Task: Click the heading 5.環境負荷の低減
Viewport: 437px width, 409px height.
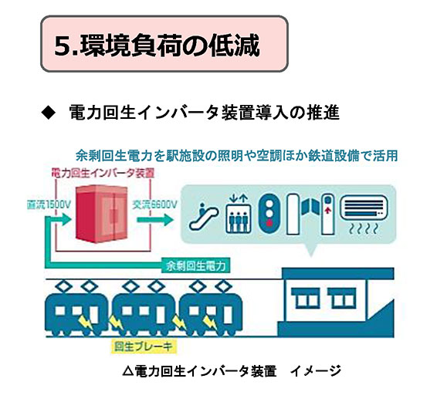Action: [x=157, y=45]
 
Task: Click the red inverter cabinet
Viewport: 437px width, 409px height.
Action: [x=102, y=214]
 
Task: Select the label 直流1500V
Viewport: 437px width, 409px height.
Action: [x=49, y=205]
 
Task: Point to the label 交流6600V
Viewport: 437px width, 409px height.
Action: [x=154, y=205]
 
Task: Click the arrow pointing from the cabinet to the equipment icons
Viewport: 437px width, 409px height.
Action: [x=155, y=219]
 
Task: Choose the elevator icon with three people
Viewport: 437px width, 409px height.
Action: [x=238, y=215]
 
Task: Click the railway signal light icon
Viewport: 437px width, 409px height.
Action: [x=269, y=214]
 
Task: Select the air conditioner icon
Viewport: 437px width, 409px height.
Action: [x=364, y=214]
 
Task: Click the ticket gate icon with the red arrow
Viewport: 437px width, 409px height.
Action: [x=327, y=214]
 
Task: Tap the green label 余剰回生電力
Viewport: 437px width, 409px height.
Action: [x=196, y=265]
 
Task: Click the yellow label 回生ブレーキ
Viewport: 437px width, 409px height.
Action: [x=144, y=346]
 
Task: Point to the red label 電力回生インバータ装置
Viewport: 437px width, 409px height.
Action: [x=103, y=174]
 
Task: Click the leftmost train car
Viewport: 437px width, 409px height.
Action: [x=76, y=309]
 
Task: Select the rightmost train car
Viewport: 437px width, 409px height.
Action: [x=211, y=309]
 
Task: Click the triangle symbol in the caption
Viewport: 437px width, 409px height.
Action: [x=127, y=371]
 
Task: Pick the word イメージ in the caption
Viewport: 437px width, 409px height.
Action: [x=315, y=371]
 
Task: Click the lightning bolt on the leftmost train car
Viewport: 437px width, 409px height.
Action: [x=86, y=322]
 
